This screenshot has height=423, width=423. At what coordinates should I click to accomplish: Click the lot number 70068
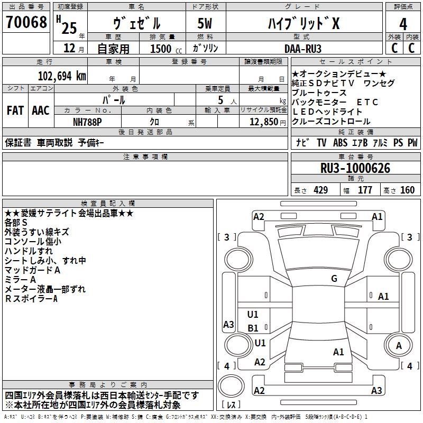pyautogui.click(x=26, y=22)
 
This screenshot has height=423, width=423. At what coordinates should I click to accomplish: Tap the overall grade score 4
pyautogui.click(x=403, y=24)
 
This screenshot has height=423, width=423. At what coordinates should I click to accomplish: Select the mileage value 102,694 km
pyautogui.click(x=62, y=76)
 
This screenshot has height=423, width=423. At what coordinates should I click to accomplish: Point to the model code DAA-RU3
pyautogui.click(x=303, y=49)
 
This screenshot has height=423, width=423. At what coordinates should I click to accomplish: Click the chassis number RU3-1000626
pyautogui.click(x=355, y=168)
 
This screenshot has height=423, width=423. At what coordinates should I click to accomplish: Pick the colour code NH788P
pyautogui.click(x=87, y=122)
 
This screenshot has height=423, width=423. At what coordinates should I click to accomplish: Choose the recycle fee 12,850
pyautogui.click(x=263, y=122)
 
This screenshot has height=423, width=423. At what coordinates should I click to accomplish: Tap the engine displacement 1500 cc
pyautogui.click(x=166, y=49)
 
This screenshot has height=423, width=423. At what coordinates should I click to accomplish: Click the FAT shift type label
pyautogui.click(x=15, y=111)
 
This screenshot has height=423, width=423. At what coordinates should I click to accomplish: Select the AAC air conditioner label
pyautogui.click(x=41, y=111)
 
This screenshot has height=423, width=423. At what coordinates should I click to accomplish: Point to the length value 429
pyautogui.click(x=320, y=190)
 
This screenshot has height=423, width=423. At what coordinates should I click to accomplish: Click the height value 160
pyautogui.click(x=407, y=190)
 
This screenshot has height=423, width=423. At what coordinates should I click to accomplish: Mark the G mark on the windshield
pyautogui.click(x=334, y=279)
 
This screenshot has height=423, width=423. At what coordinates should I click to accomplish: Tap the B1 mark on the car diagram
pyautogui.click(x=253, y=328)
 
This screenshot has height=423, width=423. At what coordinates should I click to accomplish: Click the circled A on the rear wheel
pyautogui.click(x=399, y=346)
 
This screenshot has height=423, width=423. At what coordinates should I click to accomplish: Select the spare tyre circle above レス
pyautogui.click(x=231, y=386)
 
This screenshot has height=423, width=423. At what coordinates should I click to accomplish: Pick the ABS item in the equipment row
pyautogui.click(x=340, y=143)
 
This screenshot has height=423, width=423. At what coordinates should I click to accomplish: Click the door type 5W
pyautogui.click(x=205, y=23)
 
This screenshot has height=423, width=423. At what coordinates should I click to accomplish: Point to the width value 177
pyautogui.click(x=365, y=190)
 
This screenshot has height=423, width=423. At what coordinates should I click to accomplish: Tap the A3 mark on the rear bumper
pyautogui.click(x=376, y=390)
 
